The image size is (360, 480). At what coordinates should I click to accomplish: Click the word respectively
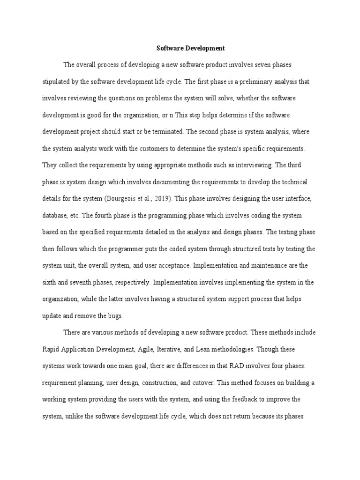pyautogui.click(x=129, y=283)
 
